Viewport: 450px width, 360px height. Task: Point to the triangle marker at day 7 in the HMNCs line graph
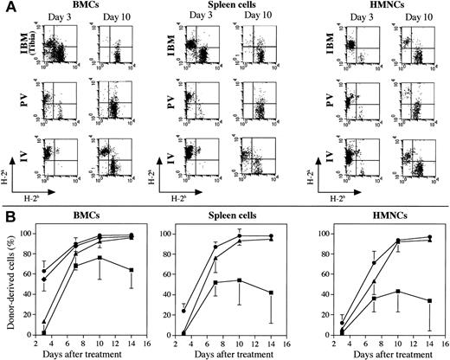372,281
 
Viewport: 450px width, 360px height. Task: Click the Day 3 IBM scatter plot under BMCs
65,51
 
